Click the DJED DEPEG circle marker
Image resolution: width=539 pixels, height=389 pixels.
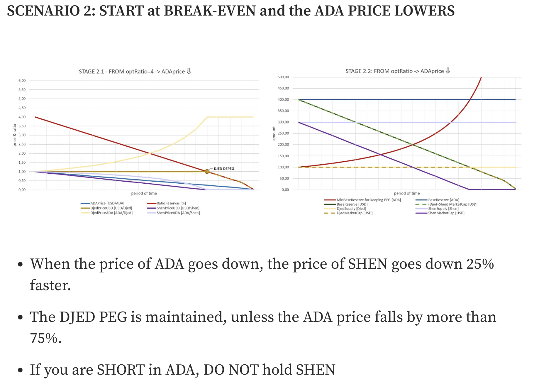207,171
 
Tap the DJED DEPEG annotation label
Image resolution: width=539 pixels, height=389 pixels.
224,169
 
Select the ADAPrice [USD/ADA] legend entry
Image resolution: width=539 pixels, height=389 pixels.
107,203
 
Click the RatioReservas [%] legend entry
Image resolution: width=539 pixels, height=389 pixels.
171,203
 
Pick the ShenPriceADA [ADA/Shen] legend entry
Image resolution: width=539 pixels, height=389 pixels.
178,213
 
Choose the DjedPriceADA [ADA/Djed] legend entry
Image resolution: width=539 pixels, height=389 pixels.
111,213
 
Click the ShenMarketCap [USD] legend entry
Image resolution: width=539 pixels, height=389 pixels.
446,213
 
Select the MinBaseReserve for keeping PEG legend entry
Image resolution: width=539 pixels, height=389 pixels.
368,200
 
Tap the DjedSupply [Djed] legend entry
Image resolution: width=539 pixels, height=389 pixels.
351,209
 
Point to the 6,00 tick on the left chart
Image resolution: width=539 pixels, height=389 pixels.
22,81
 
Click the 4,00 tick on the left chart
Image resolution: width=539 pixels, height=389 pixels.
22,117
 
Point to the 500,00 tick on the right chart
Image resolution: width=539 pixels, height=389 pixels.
283,77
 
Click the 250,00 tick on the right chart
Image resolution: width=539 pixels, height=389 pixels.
283,133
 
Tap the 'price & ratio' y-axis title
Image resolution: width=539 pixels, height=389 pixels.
15,135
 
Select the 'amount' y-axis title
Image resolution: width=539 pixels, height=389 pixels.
274,133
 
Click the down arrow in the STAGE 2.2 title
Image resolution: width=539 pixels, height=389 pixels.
448,71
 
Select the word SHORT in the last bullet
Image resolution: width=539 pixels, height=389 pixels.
121,370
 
